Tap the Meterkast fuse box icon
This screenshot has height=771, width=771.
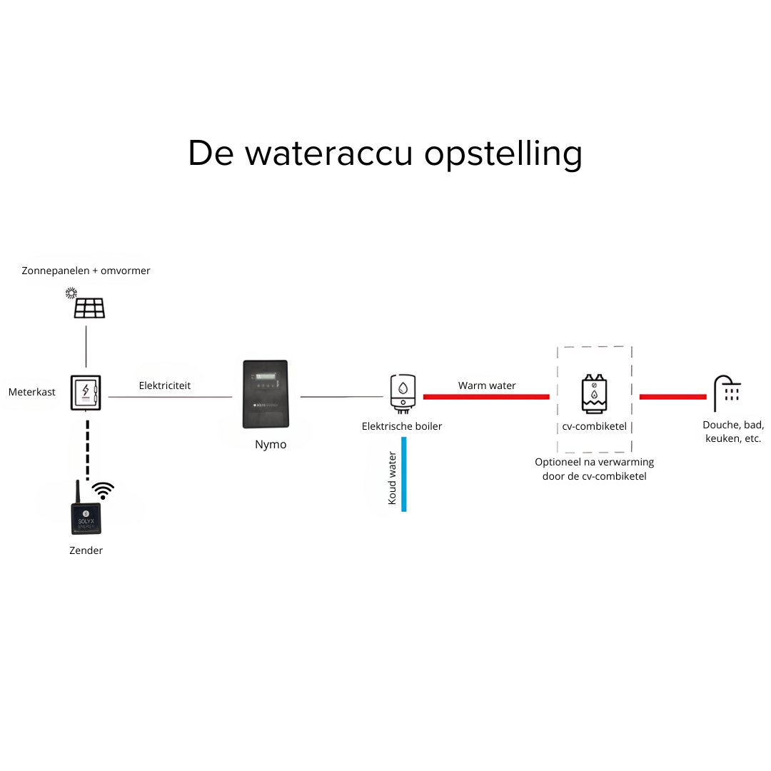[86, 393]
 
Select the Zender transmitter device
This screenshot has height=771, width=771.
[86, 515]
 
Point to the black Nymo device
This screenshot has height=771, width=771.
[265, 394]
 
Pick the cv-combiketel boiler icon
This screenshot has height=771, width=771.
[594, 394]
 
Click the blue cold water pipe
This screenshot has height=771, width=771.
[404, 474]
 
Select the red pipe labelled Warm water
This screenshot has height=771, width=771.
[486, 396]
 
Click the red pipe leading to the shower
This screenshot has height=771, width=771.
[672, 396]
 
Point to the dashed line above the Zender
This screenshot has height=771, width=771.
[87, 450]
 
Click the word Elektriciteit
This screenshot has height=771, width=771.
[165, 385]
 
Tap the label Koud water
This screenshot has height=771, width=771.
[392, 478]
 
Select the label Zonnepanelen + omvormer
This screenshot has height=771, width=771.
[86, 271]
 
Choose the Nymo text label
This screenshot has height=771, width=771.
[271, 445]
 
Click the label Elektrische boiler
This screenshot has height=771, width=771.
[402, 426]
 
